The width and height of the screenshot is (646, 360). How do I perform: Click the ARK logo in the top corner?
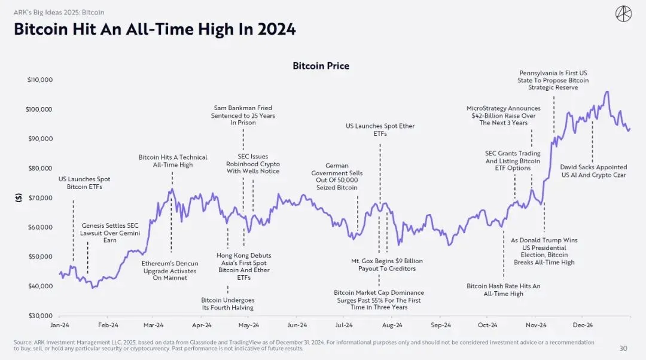click(623, 14)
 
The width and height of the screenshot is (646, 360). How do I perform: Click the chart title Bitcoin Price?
click(321, 66)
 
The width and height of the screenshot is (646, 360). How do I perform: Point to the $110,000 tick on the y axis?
click(40, 80)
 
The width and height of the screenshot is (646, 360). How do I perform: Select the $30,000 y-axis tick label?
click(41, 316)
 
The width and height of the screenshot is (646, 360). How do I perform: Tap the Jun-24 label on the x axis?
click(297, 325)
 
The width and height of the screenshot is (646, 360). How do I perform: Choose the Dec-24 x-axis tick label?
click(583, 325)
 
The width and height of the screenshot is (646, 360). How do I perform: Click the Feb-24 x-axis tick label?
click(108, 325)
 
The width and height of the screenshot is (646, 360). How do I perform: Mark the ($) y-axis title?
click(19, 198)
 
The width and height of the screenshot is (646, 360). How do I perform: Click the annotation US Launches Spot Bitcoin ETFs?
click(84, 183)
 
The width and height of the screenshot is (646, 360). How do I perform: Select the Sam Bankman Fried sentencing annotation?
click(243, 115)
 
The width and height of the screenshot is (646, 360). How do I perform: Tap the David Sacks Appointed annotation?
click(594, 171)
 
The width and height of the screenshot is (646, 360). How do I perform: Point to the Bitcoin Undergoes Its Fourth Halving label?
click(228, 304)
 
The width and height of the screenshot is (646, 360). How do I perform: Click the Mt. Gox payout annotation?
click(387, 265)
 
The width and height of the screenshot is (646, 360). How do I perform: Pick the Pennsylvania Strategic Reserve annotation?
click(553, 80)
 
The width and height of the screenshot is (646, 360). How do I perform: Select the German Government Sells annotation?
click(337, 176)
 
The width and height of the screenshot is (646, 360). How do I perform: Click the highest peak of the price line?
click(607, 92)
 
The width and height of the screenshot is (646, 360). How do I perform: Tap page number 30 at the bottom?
click(623, 349)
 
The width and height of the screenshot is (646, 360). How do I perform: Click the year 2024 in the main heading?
click(276, 29)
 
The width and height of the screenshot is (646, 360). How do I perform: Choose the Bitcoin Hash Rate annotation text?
click(504, 290)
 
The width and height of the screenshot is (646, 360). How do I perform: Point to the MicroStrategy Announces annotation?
click(504, 116)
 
